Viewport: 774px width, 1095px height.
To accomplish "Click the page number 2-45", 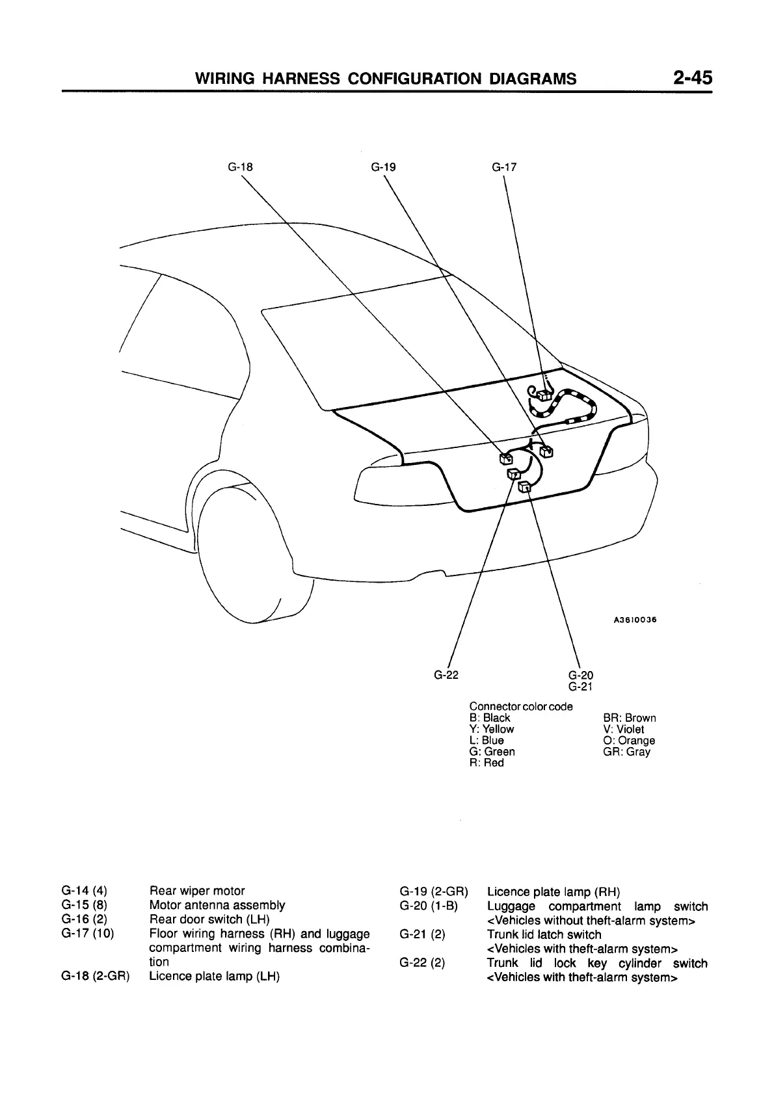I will [693, 78].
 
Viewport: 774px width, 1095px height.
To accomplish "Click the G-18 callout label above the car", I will [240, 166].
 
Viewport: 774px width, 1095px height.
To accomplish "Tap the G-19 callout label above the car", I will [383, 166].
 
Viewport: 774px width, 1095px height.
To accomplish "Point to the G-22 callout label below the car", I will [446, 674].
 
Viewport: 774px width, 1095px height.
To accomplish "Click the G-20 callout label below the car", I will [580, 675].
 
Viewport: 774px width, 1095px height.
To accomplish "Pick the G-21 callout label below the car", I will [580, 686].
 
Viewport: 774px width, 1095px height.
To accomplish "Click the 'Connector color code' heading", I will [521, 706].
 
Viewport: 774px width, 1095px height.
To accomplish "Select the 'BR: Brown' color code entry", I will [630, 718].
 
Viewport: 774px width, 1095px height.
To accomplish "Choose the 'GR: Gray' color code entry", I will [627, 752].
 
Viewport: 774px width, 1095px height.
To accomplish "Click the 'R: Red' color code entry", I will [487, 763].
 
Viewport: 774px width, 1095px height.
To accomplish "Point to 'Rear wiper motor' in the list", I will [197, 891].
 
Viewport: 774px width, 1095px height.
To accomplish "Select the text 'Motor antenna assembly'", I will [217, 905].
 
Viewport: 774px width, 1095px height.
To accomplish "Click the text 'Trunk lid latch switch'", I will [544, 935].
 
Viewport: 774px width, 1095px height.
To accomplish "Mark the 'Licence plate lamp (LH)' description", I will [215, 976].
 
